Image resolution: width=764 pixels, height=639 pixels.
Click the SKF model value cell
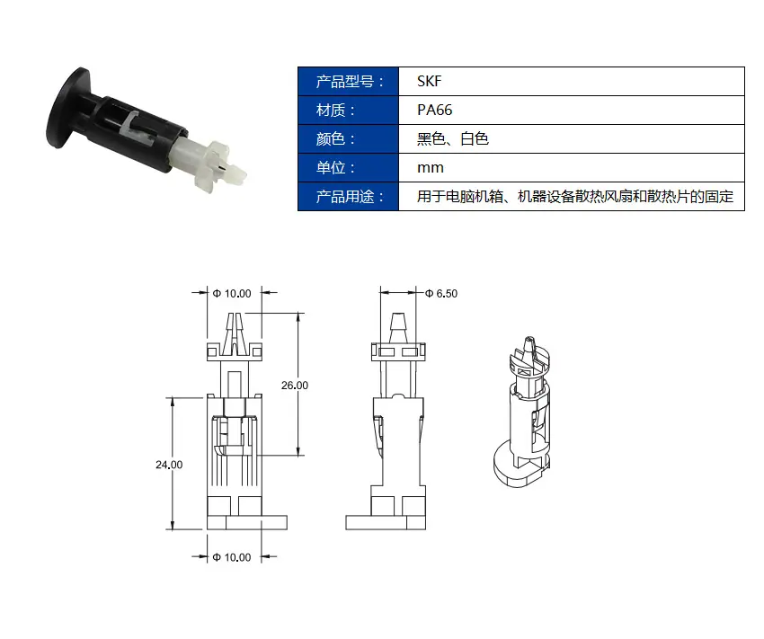(572, 82)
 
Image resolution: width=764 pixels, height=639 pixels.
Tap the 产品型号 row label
(349, 82)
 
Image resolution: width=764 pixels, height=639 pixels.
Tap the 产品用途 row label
(349, 196)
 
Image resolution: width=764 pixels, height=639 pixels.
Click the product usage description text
(575, 196)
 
